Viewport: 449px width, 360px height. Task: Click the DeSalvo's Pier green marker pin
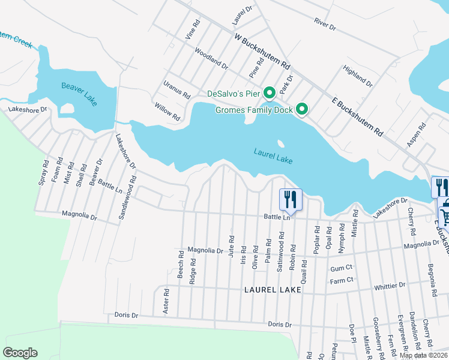(x=270, y=93)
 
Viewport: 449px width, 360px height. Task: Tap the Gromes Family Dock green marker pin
(x=303, y=109)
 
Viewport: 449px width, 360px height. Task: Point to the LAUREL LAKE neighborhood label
(x=273, y=289)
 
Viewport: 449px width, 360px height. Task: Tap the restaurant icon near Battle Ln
(x=290, y=199)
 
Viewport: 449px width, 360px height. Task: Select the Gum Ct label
(x=340, y=267)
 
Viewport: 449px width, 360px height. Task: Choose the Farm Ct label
(x=341, y=280)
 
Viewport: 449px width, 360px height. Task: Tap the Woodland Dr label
(x=211, y=58)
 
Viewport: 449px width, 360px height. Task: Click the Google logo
(x=20, y=353)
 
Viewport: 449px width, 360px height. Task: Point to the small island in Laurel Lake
(x=280, y=143)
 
